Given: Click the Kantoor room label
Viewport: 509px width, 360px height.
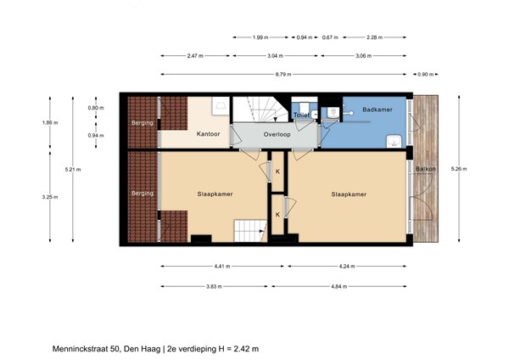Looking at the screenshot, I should [210, 134].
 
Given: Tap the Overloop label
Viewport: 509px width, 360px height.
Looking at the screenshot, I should [277, 134].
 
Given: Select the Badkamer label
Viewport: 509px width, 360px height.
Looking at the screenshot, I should [376, 110].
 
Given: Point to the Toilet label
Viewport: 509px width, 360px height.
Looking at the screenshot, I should [303, 114].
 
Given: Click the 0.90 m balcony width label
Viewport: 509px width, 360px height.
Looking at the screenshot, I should [424, 74].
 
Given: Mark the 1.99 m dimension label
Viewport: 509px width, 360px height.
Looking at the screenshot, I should [260, 37].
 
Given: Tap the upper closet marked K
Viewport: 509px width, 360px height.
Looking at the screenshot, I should [277, 172].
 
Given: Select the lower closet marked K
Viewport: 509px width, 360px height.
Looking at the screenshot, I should [277, 214].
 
